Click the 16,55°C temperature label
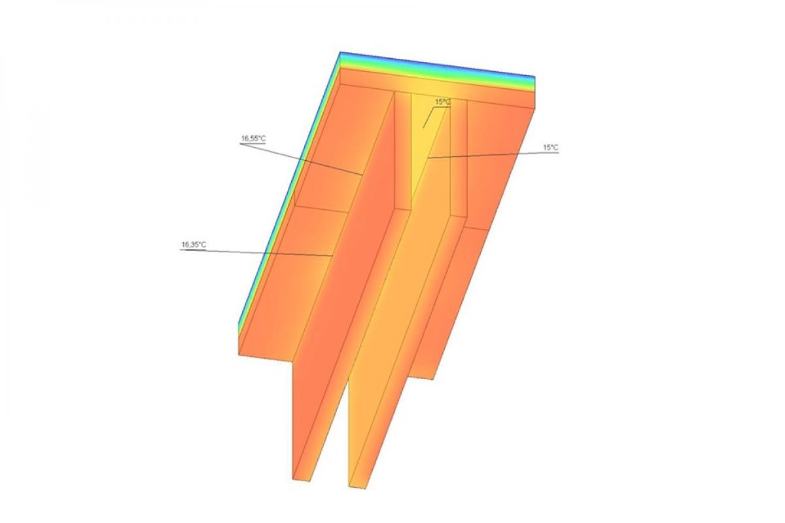[253, 139]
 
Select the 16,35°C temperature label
[194, 245]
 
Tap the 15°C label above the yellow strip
[443, 102]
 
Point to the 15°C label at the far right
[551, 148]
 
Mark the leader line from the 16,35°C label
[262, 252]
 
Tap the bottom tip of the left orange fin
[302, 479]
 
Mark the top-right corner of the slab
[535, 77]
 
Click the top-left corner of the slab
[340, 52]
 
